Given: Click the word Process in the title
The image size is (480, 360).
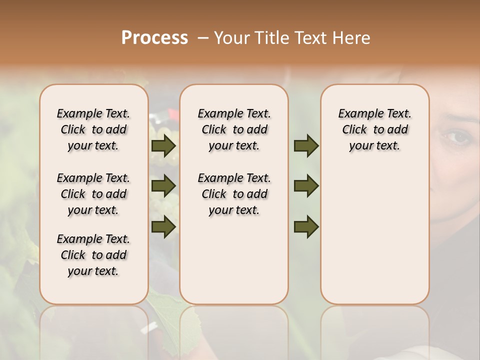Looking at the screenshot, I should coord(154,37).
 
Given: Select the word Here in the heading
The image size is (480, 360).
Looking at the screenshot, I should coord(351,37).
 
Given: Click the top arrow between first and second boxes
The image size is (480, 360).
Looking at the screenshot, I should coord(163,146).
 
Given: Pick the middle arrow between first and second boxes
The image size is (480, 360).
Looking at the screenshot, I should coord(163,186).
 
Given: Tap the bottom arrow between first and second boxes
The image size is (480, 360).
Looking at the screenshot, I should coord(163,226).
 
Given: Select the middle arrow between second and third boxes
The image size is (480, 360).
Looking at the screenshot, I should coord(306,186).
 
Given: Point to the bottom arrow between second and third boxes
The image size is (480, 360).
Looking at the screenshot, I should coord(306,226).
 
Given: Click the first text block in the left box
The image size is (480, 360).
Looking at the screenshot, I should coord(93,129).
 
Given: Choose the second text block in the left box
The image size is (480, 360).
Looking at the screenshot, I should coord(93,194).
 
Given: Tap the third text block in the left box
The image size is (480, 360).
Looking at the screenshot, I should coord(93,255).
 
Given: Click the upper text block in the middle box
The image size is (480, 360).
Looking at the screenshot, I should coord(234,129).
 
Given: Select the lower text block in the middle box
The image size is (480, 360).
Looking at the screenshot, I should coord(234,194).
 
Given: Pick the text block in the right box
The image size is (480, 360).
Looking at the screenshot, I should coord(374,129).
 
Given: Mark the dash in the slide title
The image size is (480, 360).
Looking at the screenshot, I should coord(203,37).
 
